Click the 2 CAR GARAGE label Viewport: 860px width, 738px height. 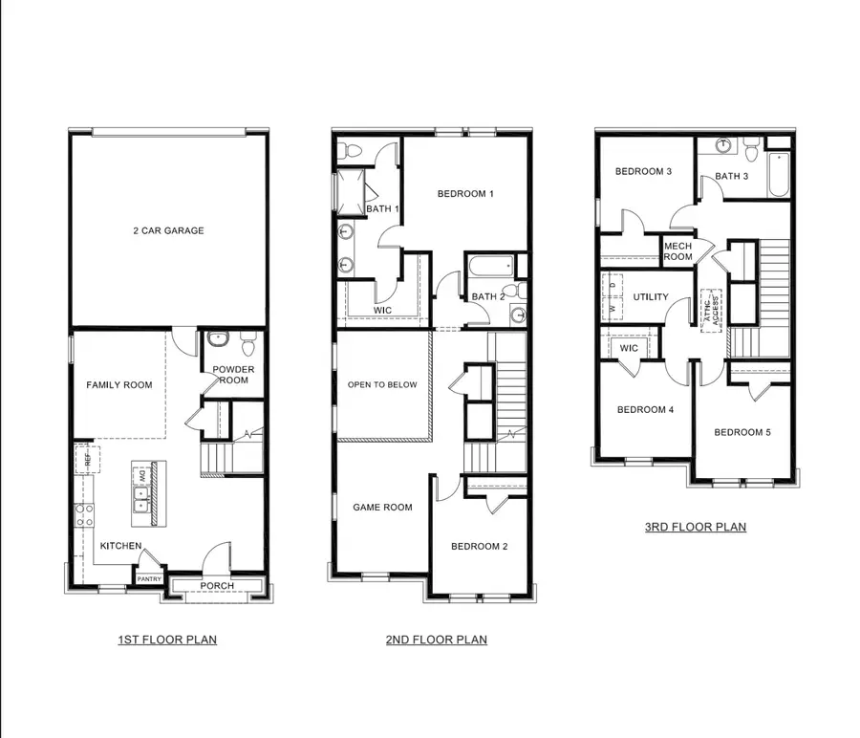click(x=168, y=230)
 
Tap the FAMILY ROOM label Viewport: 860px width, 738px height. click(x=119, y=385)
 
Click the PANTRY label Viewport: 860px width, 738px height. click(x=149, y=578)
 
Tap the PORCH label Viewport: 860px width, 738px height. click(x=217, y=586)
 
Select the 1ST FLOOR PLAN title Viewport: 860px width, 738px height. click(x=167, y=640)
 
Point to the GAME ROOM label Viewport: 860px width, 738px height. click(x=382, y=508)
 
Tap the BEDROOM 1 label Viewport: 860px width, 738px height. click(x=465, y=195)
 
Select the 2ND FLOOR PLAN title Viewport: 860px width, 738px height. click(x=437, y=640)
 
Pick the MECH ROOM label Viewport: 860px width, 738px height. click(x=677, y=250)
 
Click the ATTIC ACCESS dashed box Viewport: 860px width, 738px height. click(x=710, y=310)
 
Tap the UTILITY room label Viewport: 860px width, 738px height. click(x=651, y=297)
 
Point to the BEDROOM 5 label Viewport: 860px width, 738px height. click(x=742, y=432)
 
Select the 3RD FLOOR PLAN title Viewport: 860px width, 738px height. click(x=695, y=527)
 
